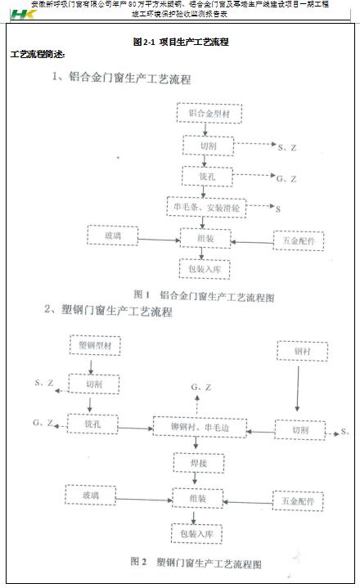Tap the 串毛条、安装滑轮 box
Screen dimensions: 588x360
pyautogui.click(x=206, y=208)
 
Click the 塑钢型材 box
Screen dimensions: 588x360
pyautogui.click(x=95, y=346)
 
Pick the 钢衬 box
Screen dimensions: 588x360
pyautogui.click(x=301, y=350)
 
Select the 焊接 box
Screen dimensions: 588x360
pyautogui.click(x=194, y=462)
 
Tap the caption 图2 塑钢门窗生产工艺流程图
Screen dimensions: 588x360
pyautogui.click(x=196, y=563)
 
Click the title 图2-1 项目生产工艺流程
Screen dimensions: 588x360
pyautogui.click(x=180, y=41)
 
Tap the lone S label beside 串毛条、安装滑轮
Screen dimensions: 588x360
pyautogui.click(x=277, y=210)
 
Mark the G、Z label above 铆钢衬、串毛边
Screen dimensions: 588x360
pyautogui.click(x=200, y=387)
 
